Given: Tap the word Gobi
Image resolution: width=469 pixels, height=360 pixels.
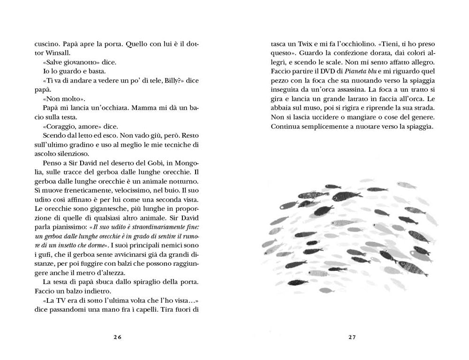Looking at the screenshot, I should pos(152,163).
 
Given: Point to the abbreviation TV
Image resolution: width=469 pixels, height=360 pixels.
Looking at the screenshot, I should pos(61,300).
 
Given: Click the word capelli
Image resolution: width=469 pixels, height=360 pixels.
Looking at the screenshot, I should pos(161,309).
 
